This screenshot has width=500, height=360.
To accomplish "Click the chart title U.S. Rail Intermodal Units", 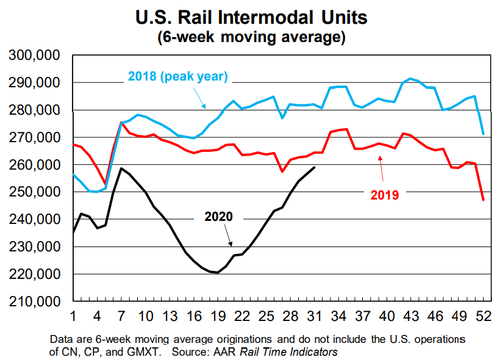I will tap(251, 16).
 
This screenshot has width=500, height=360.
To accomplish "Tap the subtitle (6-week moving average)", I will tap(251, 37).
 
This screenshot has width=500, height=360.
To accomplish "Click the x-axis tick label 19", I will tap(218, 317).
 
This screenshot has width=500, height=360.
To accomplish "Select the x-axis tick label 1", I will tap(73, 317).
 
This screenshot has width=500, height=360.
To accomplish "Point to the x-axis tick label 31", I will tap(314, 317).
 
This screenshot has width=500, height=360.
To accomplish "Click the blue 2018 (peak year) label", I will tap(177, 77).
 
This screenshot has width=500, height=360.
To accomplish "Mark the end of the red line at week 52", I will tap(483, 200).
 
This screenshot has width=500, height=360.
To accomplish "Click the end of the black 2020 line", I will tap(314, 167).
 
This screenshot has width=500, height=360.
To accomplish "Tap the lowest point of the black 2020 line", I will tap(218, 273).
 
